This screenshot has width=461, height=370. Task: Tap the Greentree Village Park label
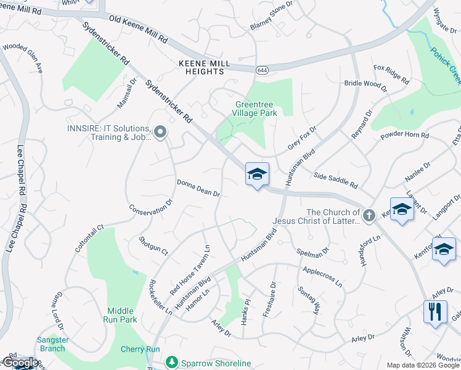pyautogui.click(x=256, y=109)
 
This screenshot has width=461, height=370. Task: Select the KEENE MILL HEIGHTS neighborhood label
pyautogui.click(x=200, y=68)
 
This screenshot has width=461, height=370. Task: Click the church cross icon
pyautogui.click(x=369, y=215)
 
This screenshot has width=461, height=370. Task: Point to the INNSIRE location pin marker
pyautogui.click(x=161, y=132)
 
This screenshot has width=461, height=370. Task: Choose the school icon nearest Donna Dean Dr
pyautogui.click(x=257, y=174)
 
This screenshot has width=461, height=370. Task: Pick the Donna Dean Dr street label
pyautogui.click(x=198, y=188)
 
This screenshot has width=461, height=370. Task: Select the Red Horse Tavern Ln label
pyautogui.click(x=190, y=269)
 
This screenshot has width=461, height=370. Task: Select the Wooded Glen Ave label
pyautogui.click(x=23, y=57)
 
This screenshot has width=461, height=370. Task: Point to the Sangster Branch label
pyautogui.click(x=51, y=344)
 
